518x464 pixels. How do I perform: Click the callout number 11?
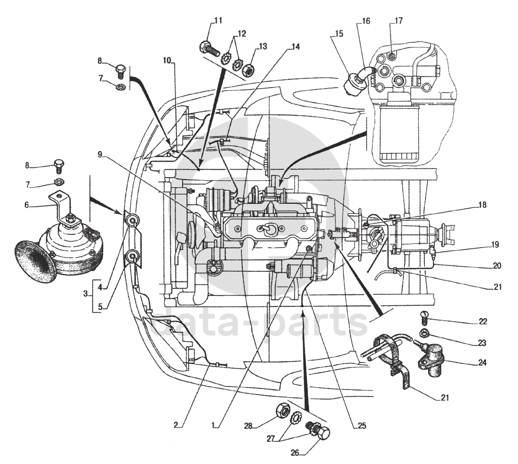218,21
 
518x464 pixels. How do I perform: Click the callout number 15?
338,34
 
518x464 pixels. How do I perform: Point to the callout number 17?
398,21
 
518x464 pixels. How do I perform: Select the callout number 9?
100,154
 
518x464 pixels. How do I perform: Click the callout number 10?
167,60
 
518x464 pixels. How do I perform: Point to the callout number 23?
482,343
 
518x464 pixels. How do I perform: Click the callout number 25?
362,426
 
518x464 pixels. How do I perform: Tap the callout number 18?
482,205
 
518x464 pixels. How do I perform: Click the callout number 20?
496,266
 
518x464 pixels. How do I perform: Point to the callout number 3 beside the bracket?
85,293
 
